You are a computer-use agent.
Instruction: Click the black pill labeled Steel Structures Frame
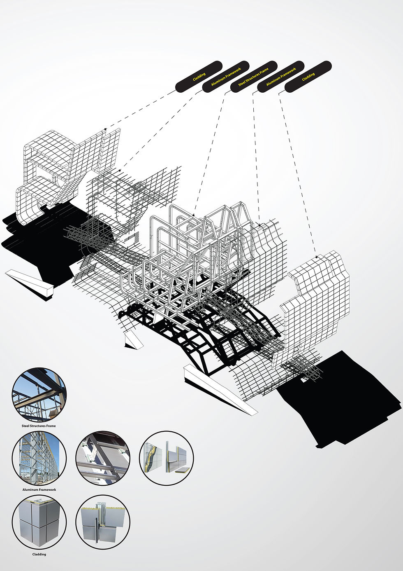pos(254,77)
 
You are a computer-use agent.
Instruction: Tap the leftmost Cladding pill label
pos(199,77)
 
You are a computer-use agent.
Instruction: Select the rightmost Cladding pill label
pos(308,77)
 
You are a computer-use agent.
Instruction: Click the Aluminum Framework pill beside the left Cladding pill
pos(226,77)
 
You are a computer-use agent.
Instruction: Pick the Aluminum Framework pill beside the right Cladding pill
pos(281,77)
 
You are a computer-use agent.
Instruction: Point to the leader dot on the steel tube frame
pos(194,215)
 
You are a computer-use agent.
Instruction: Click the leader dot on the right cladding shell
pos(317,257)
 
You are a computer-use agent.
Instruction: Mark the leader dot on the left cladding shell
pos(105,129)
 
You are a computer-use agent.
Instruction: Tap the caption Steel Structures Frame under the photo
pos(39,426)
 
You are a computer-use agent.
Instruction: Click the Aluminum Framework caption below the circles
pos(39,489)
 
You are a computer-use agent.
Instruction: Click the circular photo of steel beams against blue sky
pos(39,395)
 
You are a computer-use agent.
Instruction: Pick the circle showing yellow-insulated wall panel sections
pos(167,458)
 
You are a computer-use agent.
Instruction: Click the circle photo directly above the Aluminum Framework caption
pos(39,458)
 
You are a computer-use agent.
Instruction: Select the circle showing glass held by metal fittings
pos(103,458)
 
